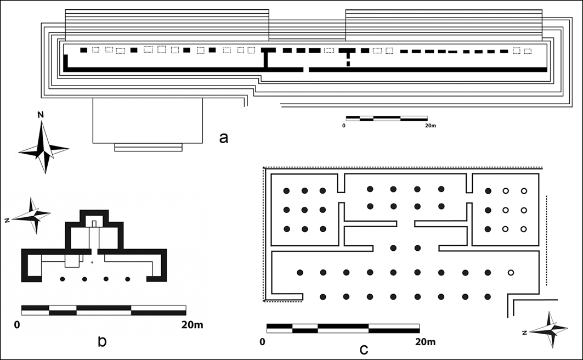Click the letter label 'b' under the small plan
pyautogui.click(x=101, y=341)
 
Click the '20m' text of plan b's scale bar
pyautogui.click(x=191, y=324)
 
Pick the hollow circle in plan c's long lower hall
pyautogui.click(x=511, y=273)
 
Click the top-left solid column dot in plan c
pyautogui.click(x=286, y=191)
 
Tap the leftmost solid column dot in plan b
pyautogui.click(x=63, y=279)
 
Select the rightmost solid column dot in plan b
pyautogui.click(x=128, y=279)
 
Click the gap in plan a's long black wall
pyautogui.click(x=307, y=70)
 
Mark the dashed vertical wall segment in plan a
pyautogui.click(x=348, y=60)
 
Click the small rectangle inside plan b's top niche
pyautogui.click(x=94, y=223)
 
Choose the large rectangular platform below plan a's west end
pyautogui.click(x=148, y=120)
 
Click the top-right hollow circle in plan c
pyautogui.click(x=524, y=191)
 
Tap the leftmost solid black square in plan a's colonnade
pyautogui.click(x=83, y=50)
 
